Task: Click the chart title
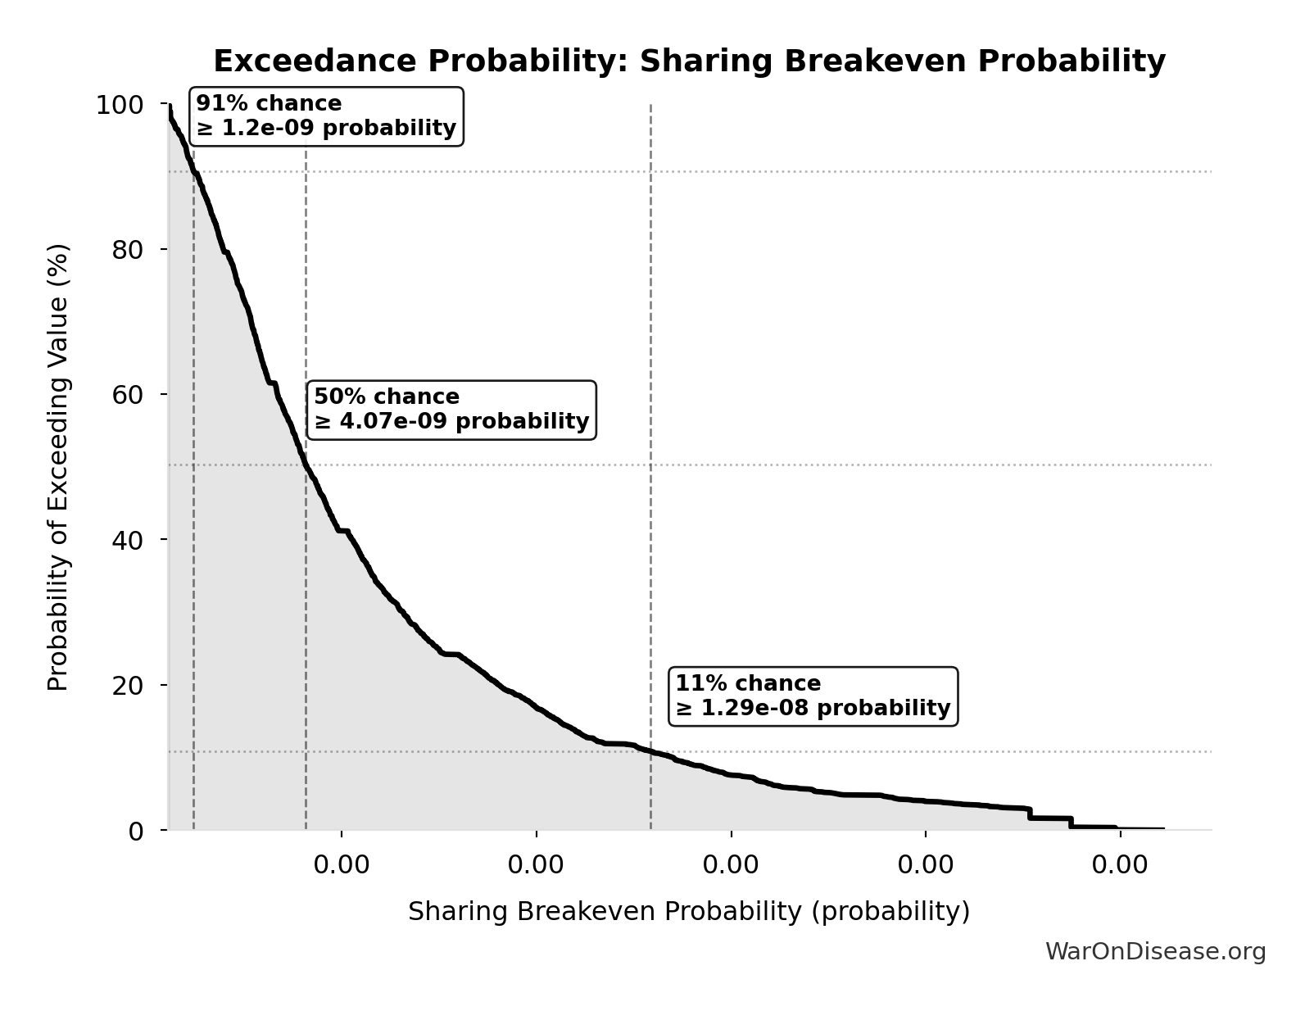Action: point(689,61)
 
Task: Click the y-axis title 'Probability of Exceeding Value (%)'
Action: point(58,467)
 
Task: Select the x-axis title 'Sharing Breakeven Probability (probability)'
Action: point(689,911)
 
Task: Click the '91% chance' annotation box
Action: point(327,116)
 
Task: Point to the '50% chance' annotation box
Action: point(451,410)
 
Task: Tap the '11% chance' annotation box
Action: point(813,696)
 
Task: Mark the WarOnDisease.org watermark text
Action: point(1155,951)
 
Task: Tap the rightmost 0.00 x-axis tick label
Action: point(1120,865)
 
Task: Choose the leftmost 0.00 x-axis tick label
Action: point(342,865)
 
